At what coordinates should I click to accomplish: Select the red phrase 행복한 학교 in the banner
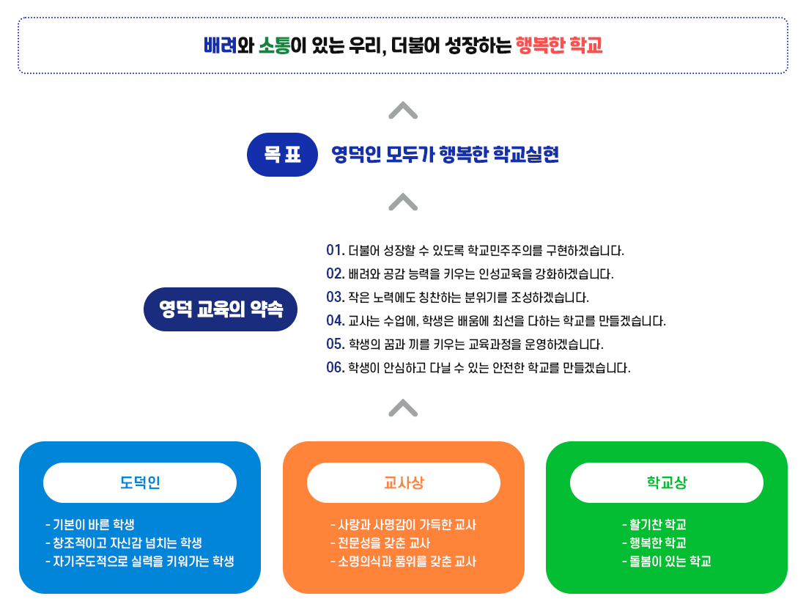click(x=558, y=46)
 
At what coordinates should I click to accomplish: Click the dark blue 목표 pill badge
click(x=282, y=155)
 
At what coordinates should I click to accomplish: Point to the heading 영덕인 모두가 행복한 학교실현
click(x=445, y=155)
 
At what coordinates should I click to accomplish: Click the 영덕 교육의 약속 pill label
click(x=221, y=309)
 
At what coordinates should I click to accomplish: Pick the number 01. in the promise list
click(x=335, y=251)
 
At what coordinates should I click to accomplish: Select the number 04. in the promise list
click(x=335, y=320)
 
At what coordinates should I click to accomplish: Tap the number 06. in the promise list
click(x=335, y=367)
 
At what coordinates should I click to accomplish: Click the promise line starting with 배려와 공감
click(x=481, y=274)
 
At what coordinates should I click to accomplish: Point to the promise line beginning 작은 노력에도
click(x=468, y=298)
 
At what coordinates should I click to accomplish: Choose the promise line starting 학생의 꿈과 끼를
click(x=476, y=344)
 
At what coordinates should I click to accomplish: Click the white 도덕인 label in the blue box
click(x=140, y=482)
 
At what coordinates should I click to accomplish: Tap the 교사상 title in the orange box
click(x=404, y=482)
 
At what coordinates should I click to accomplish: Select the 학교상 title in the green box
click(x=667, y=482)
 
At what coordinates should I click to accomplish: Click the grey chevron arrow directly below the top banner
click(x=403, y=110)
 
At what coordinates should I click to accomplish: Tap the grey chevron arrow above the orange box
click(x=403, y=407)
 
